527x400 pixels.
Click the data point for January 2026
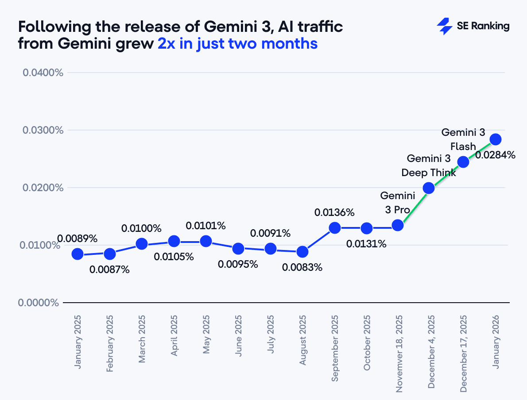coord(495,139)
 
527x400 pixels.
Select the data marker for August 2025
coord(302,252)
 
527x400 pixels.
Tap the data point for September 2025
coord(335,228)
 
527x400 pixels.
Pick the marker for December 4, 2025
coord(428,188)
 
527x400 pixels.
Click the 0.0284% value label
coord(495,155)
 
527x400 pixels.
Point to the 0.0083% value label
coord(302,267)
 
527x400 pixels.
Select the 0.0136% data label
coord(334,212)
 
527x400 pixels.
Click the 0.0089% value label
coord(77,238)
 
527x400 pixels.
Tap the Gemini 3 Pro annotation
coord(397,202)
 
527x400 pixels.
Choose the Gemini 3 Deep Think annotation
coord(429,165)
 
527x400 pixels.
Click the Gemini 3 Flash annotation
coord(463,139)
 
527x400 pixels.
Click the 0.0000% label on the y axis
coord(39,303)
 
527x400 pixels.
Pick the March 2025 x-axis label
coord(142,339)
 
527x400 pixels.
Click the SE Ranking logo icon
coord(444,26)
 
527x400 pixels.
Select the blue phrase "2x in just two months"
coord(237,44)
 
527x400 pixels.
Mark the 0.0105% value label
coord(174,257)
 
